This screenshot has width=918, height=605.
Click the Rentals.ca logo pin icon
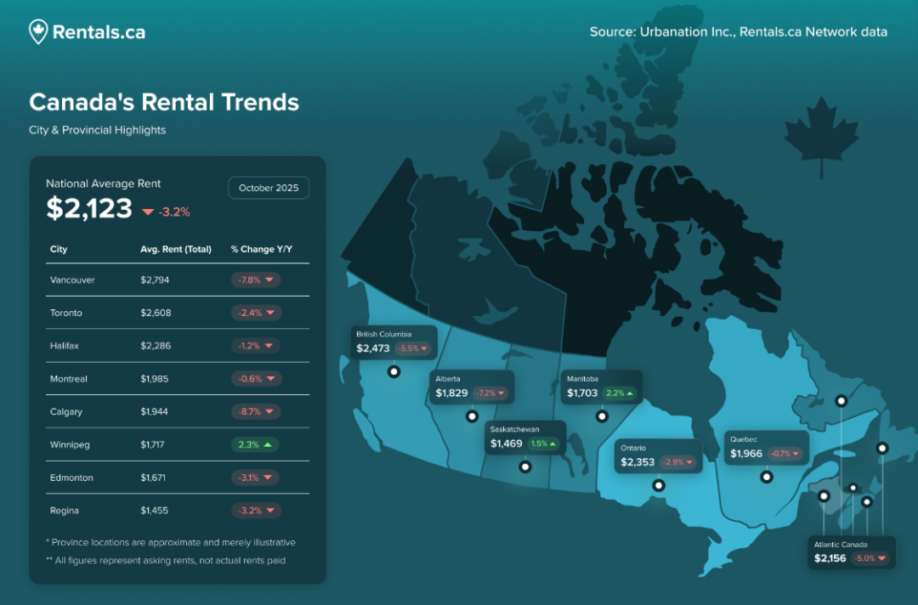(x=38, y=31)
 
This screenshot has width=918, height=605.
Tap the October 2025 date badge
(x=269, y=188)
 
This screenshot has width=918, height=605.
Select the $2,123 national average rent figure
(x=89, y=208)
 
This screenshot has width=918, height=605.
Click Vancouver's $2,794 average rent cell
(x=156, y=280)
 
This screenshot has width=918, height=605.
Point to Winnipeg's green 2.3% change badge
(x=255, y=444)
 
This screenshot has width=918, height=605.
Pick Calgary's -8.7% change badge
(x=256, y=411)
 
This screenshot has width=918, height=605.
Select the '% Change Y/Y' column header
(x=261, y=250)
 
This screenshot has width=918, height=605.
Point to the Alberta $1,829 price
(x=451, y=393)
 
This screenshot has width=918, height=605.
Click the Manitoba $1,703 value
(x=582, y=393)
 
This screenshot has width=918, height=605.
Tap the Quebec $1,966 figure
(x=746, y=454)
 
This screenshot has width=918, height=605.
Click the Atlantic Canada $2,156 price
(x=830, y=558)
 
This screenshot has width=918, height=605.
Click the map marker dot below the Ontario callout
(x=658, y=486)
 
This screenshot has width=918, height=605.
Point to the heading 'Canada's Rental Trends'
(x=164, y=102)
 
